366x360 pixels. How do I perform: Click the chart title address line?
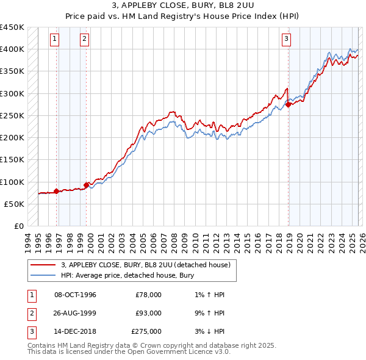tap(183, 6)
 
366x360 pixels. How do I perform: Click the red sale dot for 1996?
tap(57, 191)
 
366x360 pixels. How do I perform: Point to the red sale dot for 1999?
tap(86, 184)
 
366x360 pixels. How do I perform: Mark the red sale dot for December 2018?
tap(289, 104)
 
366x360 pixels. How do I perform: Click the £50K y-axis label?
tap(15, 204)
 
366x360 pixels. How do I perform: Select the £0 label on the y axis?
tap(20, 226)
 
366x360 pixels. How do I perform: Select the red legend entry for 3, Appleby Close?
tap(145, 265)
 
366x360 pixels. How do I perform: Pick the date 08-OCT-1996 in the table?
tap(75, 295)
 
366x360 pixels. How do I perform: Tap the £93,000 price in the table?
tap(148, 313)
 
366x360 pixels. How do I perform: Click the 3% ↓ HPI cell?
tap(207, 331)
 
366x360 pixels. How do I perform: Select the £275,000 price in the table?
tap(146, 331)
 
